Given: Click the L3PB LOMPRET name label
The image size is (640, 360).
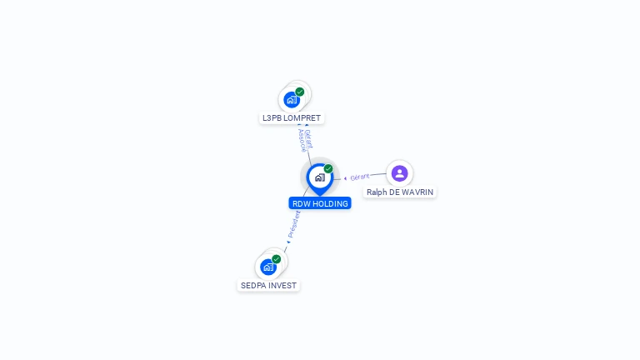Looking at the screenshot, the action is pos(292,118).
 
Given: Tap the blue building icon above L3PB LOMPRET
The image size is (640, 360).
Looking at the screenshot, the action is pos(291,100).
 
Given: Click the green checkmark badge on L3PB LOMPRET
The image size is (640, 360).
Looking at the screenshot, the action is pos(300,92).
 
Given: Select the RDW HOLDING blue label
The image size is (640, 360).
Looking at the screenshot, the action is pos(320,203).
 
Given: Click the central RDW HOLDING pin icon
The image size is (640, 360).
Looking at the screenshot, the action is pos(319,177).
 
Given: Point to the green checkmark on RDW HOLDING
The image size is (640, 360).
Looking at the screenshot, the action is pos(328,169).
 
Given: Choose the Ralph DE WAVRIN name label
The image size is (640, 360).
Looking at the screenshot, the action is pos(400,192).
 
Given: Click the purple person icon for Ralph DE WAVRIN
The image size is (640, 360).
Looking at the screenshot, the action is pos(399,173).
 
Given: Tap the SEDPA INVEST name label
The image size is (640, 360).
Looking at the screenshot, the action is pos(268,286).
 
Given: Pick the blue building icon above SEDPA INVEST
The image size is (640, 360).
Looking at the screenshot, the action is pos(267,267).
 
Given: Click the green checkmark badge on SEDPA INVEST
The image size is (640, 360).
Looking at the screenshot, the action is pos(277,259).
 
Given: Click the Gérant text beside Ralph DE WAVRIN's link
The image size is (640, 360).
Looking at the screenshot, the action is pos(360,177).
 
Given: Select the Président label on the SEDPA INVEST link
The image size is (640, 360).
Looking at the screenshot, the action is pos(294,223).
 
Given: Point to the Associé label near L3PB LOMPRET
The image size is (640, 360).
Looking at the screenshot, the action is pos(302,140).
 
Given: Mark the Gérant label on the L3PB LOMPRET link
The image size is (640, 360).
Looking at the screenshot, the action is pos(308,137).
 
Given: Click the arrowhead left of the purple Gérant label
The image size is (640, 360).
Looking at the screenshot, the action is pos(346,178).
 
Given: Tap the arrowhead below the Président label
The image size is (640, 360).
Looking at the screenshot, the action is pos(288,242).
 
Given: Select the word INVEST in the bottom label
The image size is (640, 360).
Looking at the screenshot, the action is pos(282,286).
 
